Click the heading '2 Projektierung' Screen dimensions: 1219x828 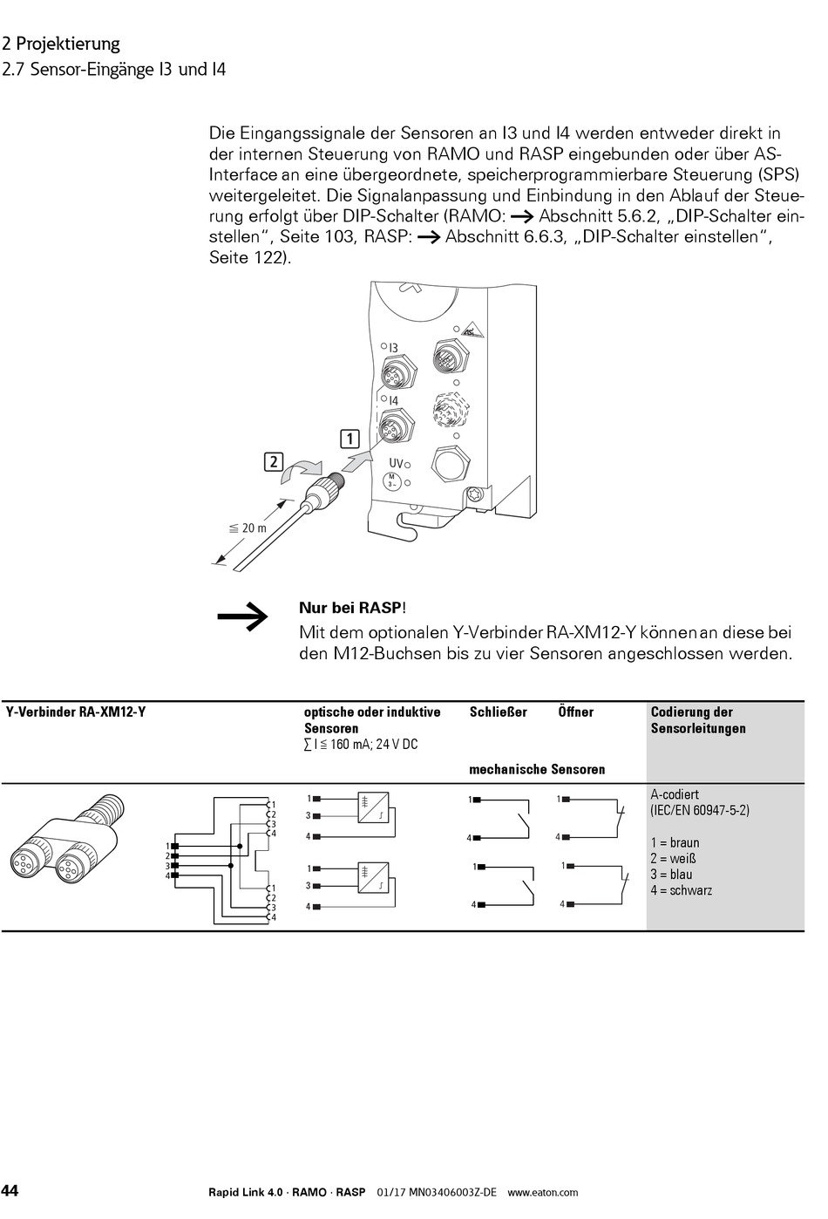61,44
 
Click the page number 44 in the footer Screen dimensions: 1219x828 10,1191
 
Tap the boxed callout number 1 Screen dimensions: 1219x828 350,438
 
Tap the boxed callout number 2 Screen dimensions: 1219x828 274,461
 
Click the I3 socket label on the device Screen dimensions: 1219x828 393,348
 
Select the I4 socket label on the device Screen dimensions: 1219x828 393,401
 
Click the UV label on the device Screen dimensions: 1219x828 395,463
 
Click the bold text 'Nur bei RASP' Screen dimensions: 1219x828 351,608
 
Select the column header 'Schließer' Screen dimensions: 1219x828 498,712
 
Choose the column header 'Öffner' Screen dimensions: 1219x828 575,712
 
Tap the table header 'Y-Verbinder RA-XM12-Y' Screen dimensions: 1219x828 76,712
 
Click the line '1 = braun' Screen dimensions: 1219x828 675,843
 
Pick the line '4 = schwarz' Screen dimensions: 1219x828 681,890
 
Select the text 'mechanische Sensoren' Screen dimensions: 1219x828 537,769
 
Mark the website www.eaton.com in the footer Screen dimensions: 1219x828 542,1192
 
